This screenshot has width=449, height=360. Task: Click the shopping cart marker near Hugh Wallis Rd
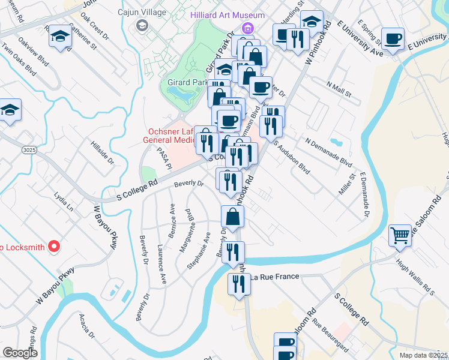400,236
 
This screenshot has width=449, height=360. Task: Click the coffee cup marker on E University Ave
393,39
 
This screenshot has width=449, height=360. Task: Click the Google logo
20,353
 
